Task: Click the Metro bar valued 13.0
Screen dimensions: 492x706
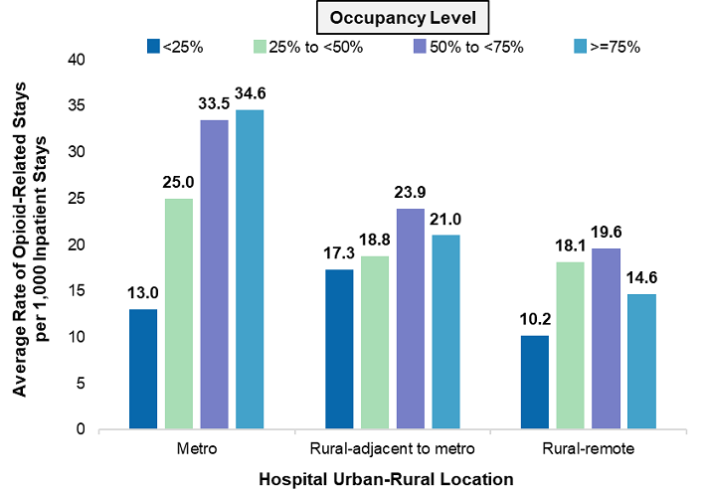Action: coord(143,369)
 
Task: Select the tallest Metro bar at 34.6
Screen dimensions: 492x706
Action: coord(250,269)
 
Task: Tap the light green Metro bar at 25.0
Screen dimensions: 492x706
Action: coord(179,314)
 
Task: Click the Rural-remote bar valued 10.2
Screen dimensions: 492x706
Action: coord(534,383)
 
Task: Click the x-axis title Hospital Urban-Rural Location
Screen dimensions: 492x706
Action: coord(386,478)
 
